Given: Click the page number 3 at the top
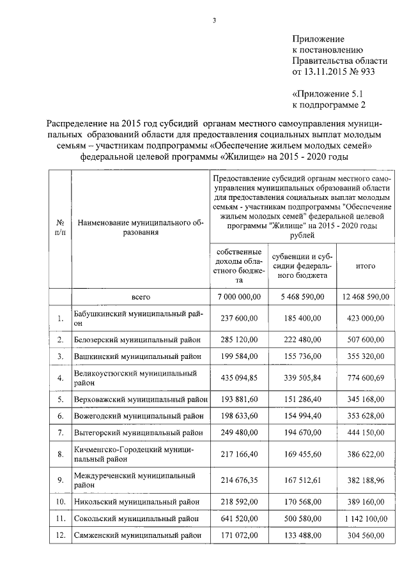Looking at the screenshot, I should (214, 21).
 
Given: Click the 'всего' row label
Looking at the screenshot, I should (141, 297).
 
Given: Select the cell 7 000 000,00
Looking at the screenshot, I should (239, 297).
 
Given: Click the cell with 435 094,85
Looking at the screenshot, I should (239, 377).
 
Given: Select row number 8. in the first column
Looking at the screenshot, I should (60, 455).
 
